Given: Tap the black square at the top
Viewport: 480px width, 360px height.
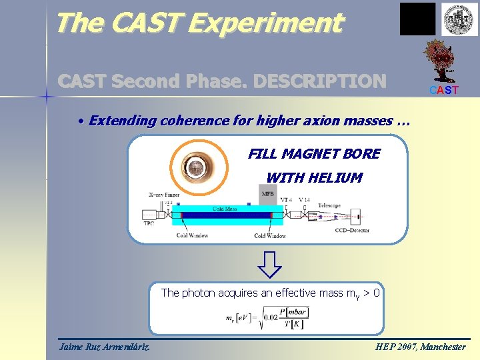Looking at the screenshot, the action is [x=417, y=19].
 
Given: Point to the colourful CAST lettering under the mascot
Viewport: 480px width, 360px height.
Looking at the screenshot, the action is [x=444, y=90].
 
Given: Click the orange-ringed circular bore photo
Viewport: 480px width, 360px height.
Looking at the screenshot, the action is [x=196, y=167].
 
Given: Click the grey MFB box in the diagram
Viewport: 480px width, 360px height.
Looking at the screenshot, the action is [x=267, y=194].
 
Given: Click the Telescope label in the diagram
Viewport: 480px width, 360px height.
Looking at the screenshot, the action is [x=329, y=206].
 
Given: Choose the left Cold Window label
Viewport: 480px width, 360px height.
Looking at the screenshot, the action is [x=192, y=235].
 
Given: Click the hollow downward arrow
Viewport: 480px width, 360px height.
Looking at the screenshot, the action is [x=269, y=264].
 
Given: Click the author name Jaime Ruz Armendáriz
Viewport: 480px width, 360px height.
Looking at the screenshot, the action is [x=104, y=347].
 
